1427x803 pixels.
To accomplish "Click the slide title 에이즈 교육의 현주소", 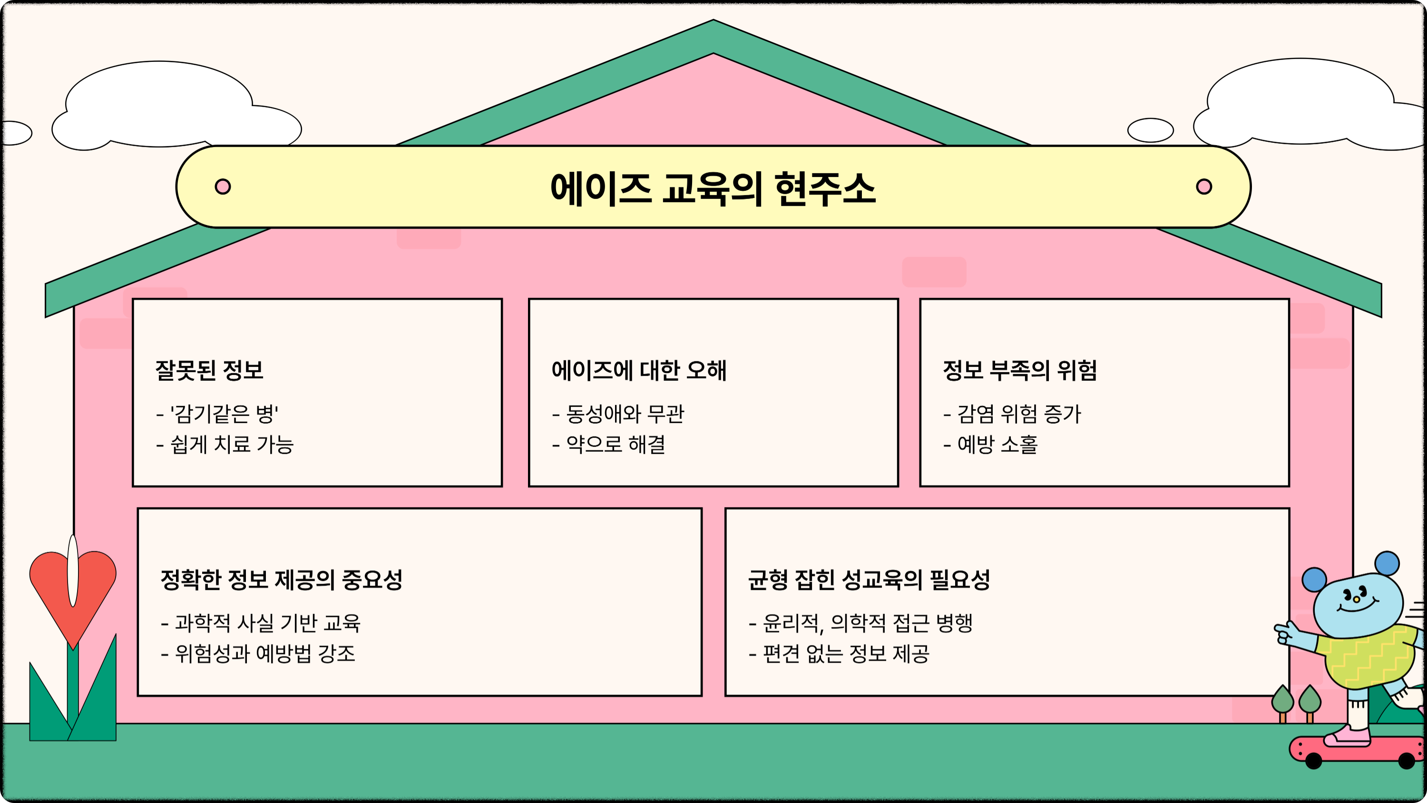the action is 713,188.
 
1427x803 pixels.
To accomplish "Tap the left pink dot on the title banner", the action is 223,186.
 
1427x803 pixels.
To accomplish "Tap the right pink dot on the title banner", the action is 1204,186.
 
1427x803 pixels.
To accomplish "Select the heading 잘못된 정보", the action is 209,370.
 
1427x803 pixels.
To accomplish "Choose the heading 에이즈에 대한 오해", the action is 639,370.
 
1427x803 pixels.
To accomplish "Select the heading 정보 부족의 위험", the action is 1020,370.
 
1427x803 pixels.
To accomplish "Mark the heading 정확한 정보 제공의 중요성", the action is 282,580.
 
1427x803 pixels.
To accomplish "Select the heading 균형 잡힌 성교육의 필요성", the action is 869,580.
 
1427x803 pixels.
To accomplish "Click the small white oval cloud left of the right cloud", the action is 1151,131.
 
